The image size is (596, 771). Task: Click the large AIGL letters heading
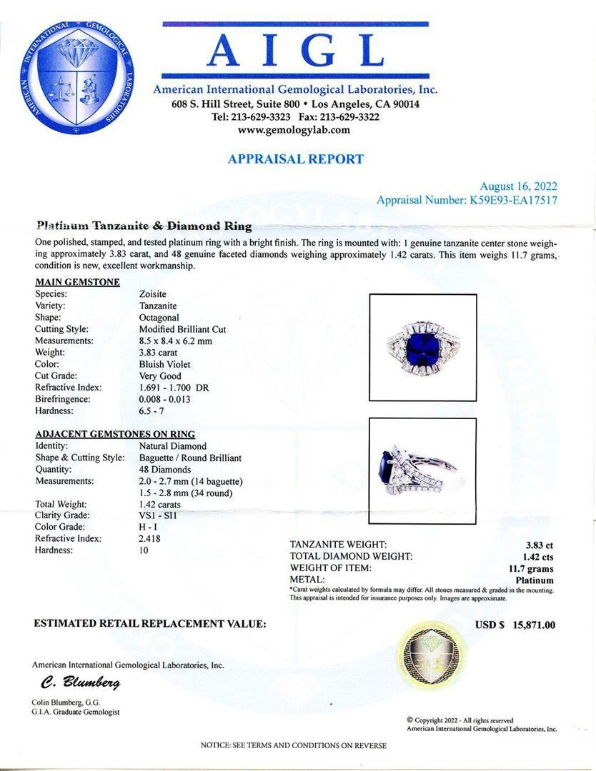click(295, 51)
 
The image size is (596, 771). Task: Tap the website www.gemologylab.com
click(294, 129)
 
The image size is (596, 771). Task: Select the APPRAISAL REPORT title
click(295, 159)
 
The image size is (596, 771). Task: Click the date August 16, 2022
click(518, 186)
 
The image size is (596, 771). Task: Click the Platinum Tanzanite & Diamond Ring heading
click(144, 226)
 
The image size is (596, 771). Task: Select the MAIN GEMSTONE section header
click(77, 282)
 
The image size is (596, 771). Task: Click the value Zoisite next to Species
click(156, 293)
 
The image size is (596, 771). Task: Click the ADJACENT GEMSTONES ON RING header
click(115, 434)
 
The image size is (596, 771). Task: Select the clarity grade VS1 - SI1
click(164, 515)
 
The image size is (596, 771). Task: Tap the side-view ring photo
click(422, 471)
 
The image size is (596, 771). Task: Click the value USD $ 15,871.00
click(515, 625)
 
